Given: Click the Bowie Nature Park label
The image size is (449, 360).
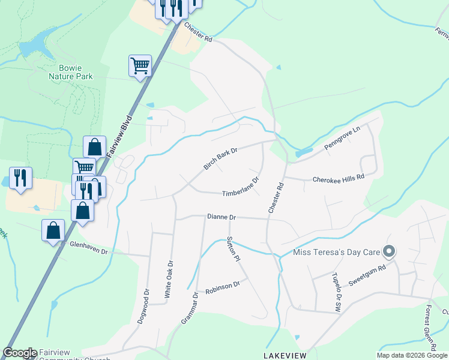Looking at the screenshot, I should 71,72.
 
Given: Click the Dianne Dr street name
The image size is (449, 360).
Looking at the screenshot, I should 221,217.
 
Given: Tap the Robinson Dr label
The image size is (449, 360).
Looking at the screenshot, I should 222,287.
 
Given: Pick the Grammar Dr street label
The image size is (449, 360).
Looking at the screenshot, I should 190,308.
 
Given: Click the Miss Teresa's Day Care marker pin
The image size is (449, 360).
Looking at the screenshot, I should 390,251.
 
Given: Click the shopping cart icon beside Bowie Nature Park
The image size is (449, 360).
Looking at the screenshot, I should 140,65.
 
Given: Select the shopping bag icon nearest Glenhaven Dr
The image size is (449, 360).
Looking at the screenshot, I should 53,229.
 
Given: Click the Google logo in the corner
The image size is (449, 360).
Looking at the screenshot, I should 20,353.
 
